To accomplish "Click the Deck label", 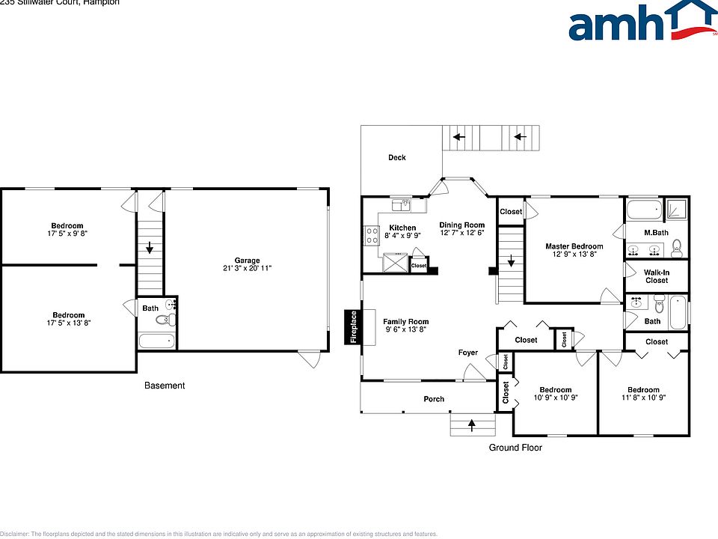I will click(x=396, y=157).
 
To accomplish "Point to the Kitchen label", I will click(x=402, y=228).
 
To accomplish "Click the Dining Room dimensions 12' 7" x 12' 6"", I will click(x=461, y=234).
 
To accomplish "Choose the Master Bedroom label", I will click(x=574, y=246).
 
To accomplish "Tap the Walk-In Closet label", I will click(x=657, y=276).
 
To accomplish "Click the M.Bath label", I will click(x=655, y=232).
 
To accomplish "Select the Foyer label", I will click(x=468, y=353).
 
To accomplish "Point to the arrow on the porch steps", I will click(x=472, y=425).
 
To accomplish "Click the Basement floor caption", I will click(x=165, y=386).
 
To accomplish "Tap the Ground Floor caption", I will click(x=515, y=448).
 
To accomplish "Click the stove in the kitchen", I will click(x=371, y=236).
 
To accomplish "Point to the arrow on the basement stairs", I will click(x=150, y=248).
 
